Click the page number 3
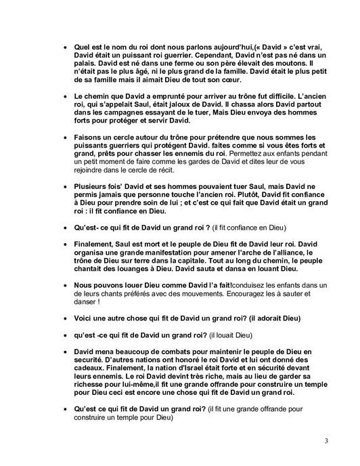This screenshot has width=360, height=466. tap(326, 441)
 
